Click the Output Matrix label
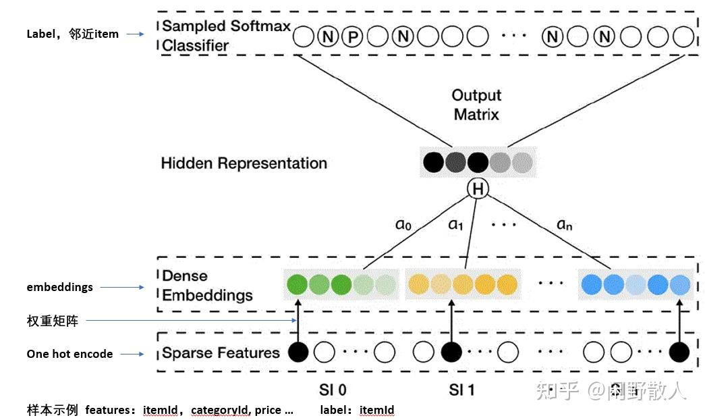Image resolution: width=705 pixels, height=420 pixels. (476, 105)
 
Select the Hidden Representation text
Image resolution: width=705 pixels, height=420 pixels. (244, 163)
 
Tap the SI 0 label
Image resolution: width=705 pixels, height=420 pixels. (333, 390)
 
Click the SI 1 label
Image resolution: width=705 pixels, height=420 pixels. (462, 390)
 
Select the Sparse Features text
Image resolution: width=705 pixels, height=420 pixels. (221, 353)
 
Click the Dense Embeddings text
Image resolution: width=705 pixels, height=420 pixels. (207, 286)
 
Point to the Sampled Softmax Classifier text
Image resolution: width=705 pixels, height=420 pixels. (226, 36)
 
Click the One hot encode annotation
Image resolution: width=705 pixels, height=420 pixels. (69, 354)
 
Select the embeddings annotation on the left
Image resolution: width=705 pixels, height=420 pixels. (59, 287)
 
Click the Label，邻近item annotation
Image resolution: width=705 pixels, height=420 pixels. (72, 34)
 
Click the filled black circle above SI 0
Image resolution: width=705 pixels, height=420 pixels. (298, 352)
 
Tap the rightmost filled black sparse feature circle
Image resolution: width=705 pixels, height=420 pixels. (679, 352)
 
